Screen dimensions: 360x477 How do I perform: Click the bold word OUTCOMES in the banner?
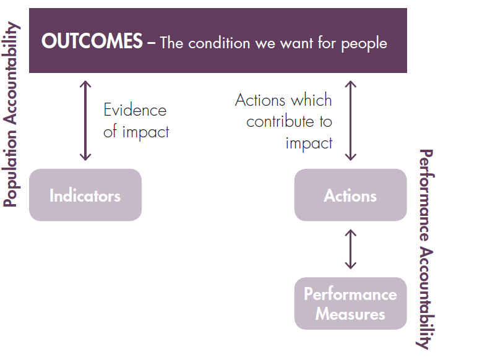[92, 42]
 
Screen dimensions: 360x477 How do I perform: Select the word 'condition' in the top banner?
[217, 43]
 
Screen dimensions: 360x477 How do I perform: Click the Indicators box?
[85, 196]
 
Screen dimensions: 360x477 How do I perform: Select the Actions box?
[350, 196]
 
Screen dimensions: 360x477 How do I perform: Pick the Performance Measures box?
[350, 304]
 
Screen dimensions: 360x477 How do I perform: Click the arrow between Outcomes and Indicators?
[85, 121]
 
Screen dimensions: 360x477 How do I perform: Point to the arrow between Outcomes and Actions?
[351, 121]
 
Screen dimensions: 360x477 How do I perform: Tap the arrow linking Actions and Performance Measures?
[351, 249]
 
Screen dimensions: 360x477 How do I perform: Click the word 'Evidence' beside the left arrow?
[135, 111]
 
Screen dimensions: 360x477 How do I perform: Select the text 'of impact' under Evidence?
[136, 131]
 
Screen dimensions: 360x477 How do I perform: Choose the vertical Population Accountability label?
[11, 115]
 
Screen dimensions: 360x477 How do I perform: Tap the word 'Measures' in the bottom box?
[350, 314]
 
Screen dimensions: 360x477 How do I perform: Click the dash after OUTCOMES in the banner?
[151, 43]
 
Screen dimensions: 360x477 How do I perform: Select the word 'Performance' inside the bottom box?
[350, 294]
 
